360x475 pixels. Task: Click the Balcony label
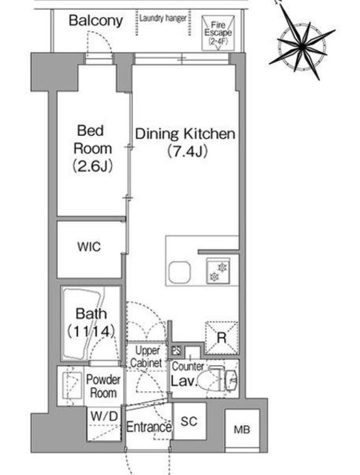(95, 21)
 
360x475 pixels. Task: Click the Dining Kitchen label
(185, 134)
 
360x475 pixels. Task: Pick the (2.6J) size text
(93, 166)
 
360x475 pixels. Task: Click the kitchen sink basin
(179, 272)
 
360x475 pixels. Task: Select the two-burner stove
(218, 272)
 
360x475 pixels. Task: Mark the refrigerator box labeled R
(220, 335)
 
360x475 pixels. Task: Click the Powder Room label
(104, 384)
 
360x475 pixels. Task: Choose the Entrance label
(149, 427)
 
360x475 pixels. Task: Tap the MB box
(242, 428)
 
